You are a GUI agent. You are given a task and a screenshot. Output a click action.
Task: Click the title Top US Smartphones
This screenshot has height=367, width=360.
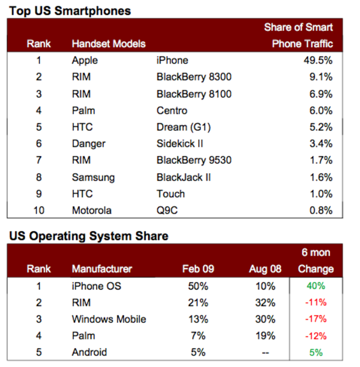70,11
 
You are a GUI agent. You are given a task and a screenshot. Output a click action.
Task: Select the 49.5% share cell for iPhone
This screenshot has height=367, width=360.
317,60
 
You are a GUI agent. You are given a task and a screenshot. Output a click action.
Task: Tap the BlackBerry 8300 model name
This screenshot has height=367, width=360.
194,77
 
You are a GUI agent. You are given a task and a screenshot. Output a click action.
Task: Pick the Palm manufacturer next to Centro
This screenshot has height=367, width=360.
83,110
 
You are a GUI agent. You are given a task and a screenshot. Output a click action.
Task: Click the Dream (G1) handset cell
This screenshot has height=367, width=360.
184,127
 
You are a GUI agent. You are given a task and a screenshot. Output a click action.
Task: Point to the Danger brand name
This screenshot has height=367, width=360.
89,143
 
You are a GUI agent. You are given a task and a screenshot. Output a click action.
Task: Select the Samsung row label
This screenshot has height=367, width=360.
93,178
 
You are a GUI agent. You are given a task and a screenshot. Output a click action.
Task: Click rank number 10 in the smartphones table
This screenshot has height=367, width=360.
38,211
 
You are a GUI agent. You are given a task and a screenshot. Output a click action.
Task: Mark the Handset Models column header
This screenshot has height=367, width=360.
109,44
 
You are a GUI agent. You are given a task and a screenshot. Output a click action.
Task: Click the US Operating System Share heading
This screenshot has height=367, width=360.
89,236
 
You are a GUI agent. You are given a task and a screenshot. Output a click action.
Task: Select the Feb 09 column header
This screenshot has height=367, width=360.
198,269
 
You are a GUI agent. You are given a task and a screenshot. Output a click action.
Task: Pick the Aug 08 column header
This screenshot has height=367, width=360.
264,269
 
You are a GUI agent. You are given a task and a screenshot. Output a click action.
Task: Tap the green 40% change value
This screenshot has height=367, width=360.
316,286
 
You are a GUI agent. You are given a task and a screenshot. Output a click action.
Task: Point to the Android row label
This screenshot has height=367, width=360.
90,352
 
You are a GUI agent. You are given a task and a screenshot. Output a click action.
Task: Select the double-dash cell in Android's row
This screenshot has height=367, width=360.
266,353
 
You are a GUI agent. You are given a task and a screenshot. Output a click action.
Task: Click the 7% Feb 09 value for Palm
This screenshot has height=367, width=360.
198,336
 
